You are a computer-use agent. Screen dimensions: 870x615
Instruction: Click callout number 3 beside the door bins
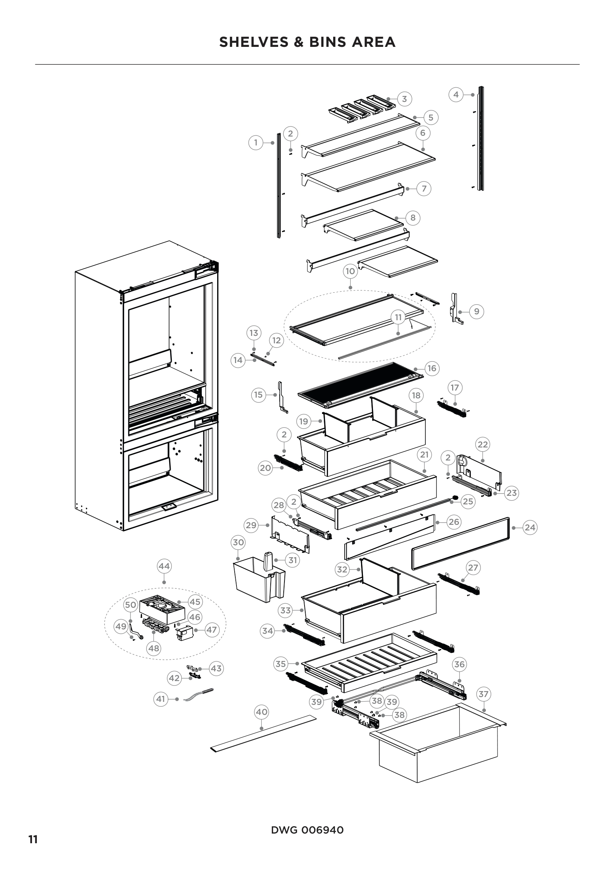point(405,99)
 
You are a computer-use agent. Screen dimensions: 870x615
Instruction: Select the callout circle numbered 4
point(456,95)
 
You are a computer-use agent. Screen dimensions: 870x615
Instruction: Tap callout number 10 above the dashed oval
point(350,271)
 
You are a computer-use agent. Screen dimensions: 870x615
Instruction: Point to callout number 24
point(530,527)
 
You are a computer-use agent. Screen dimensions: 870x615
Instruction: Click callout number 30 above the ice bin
point(238,543)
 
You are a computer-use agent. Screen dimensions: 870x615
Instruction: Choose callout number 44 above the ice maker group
point(164,566)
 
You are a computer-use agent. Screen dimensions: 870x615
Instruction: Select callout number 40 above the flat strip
point(262,712)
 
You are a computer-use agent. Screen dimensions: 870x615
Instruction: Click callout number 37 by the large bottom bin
point(484,694)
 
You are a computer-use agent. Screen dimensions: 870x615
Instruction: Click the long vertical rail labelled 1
point(279,186)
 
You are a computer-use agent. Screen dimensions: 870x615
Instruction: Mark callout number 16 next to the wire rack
point(432,368)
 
